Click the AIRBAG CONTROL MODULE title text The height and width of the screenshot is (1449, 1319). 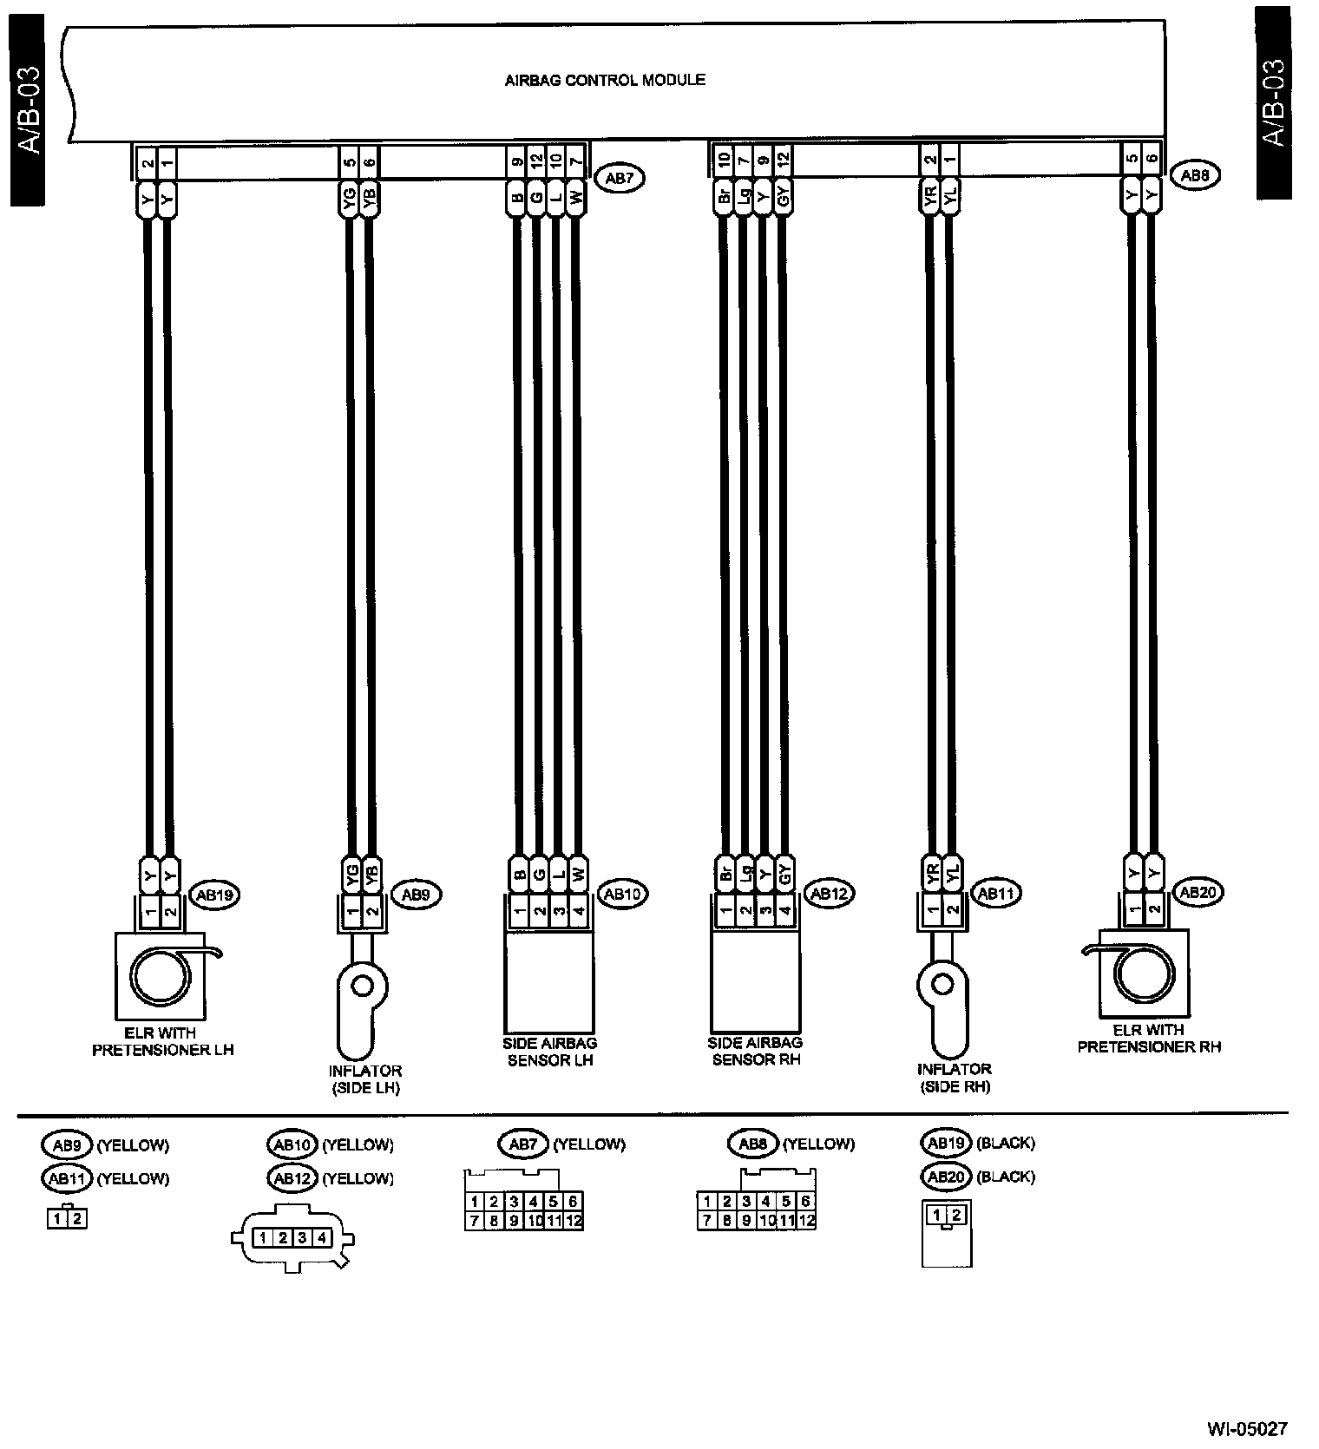click(605, 81)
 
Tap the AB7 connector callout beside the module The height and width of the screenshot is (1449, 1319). click(618, 179)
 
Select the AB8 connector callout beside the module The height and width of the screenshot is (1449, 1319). click(1196, 174)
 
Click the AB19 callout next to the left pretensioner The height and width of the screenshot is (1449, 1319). click(213, 895)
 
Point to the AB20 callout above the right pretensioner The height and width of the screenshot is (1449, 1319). click(1194, 891)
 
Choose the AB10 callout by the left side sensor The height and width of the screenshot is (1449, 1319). click(624, 894)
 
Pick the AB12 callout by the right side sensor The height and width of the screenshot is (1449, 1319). click(829, 893)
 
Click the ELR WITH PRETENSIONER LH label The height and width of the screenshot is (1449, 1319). click(163, 1041)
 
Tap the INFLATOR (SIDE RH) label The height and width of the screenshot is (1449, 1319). click(953, 1078)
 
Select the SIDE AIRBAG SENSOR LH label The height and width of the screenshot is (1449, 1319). click(550, 1052)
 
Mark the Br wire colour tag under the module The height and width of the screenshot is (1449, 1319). click(723, 197)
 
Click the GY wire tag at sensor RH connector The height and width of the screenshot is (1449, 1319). click(784, 870)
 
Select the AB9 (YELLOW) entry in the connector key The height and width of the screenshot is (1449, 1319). click(105, 1144)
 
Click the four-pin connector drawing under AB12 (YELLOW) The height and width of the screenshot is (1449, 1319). click(292, 1238)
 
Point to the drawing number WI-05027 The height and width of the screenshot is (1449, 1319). click(1247, 1427)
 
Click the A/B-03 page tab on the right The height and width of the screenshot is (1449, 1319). click(1273, 102)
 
